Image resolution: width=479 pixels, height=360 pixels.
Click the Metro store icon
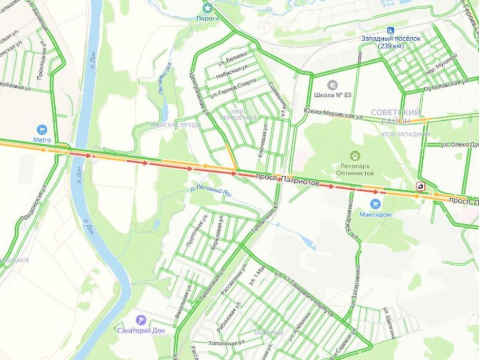coord(41,130)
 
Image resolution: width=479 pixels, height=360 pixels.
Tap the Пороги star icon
coord(208,8)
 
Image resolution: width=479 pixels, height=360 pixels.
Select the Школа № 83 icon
coord(332,85)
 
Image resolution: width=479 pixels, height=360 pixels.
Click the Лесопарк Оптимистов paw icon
coord(355,155)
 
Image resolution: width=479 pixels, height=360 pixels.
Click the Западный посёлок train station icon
coord(390,30)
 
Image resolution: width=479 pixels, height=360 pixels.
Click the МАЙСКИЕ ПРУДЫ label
coord(175,125)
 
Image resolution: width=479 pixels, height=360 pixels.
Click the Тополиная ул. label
coord(225,342)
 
